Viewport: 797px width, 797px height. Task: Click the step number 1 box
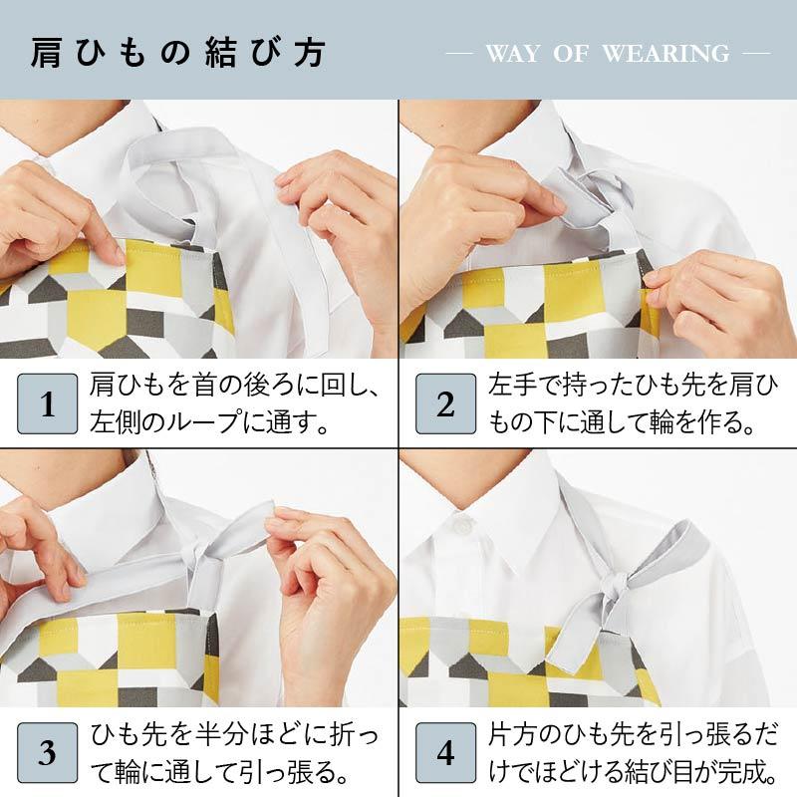pos(47,403)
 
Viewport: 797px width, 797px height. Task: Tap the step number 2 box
pos(445,403)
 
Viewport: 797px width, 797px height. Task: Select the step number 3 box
pos(47,752)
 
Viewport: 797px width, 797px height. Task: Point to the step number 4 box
pos(445,752)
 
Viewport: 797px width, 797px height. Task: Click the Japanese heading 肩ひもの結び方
pos(178,53)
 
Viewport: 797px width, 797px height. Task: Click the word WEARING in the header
pos(665,54)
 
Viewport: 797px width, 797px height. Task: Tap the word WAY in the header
pos(512,54)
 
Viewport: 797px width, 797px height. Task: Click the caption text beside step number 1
pos(234,403)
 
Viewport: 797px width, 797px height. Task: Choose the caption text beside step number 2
pos(633,403)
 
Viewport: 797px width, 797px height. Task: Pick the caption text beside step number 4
pos(633,752)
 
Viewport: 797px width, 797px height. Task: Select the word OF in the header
pos(571,54)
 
